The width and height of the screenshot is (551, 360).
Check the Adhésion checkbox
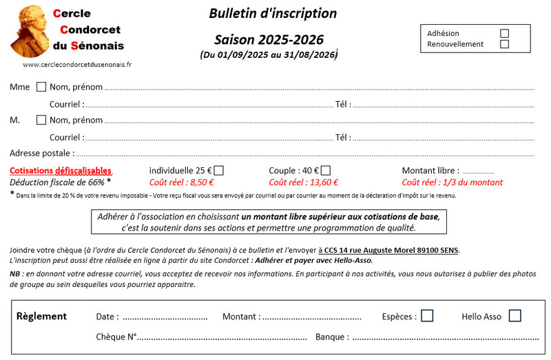(504, 33)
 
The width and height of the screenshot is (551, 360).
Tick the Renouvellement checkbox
(504, 44)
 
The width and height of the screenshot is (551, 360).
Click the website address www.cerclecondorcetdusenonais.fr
(77, 64)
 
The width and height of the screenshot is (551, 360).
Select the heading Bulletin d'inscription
(273, 13)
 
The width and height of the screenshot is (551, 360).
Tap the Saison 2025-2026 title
(269, 39)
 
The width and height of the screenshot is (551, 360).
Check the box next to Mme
(41, 87)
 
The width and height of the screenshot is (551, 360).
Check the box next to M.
(41, 120)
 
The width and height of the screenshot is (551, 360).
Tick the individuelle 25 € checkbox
(219, 171)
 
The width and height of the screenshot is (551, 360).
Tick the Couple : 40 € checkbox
(326, 171)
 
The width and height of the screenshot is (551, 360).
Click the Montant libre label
(430, 171)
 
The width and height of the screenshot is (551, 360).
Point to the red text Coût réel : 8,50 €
(182, 182)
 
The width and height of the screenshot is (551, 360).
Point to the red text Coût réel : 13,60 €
(304, 182)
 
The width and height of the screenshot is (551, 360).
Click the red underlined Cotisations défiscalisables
(61, 171)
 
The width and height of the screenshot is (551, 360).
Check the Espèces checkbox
(427, 316)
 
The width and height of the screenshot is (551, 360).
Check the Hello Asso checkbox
(514, 316)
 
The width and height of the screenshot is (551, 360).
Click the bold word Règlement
(41, 316)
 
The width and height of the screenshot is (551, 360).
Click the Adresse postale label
(41, 153)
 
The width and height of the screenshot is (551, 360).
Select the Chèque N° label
(116, 337)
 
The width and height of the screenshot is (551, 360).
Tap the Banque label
(331, 337)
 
